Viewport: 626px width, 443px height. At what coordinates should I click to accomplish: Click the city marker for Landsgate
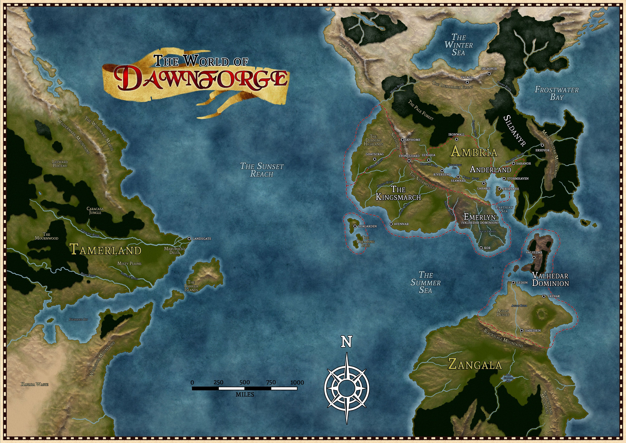(189, 239)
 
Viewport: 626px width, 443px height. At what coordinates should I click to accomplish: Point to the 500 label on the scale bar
(245, 382)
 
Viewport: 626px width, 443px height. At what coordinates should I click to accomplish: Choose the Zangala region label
(475, 365)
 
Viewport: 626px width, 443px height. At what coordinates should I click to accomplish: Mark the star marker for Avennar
(391, 224)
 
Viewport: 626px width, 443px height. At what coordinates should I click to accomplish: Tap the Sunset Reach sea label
(262, 170)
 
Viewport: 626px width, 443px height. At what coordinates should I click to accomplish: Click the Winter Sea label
(459, 44)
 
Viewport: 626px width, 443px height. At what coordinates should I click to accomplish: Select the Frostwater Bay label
(557, 93)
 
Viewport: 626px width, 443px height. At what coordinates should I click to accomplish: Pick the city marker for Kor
(481, 248)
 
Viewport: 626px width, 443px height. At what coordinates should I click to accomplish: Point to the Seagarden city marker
(355, 226)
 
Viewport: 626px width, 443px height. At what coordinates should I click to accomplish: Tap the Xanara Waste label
(35, 384)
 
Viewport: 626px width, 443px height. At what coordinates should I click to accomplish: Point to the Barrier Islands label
(191, 286)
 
